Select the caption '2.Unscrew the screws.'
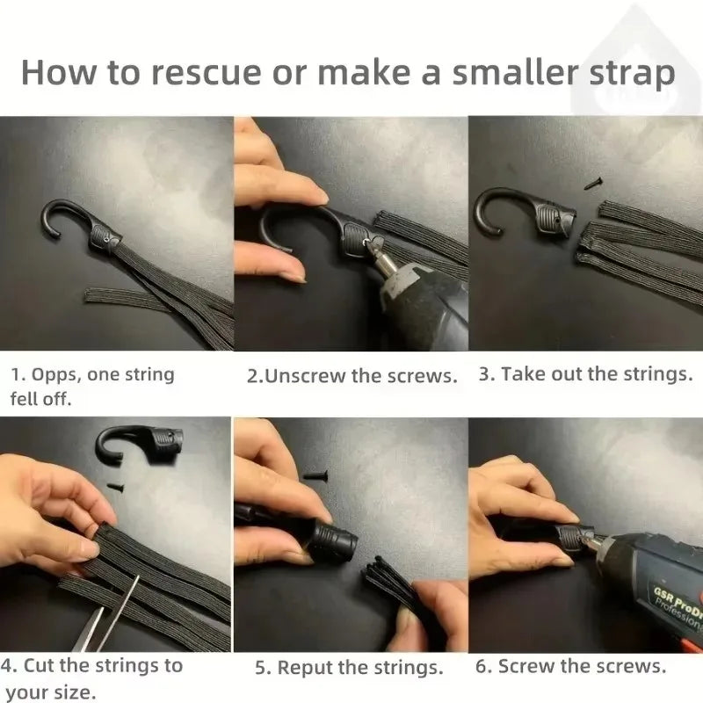(352, 376)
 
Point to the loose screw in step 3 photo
(590, 183)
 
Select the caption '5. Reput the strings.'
(349, 668)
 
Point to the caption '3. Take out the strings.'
(585, 374)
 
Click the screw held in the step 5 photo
(315, 475)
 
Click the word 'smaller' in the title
(491, 72)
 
